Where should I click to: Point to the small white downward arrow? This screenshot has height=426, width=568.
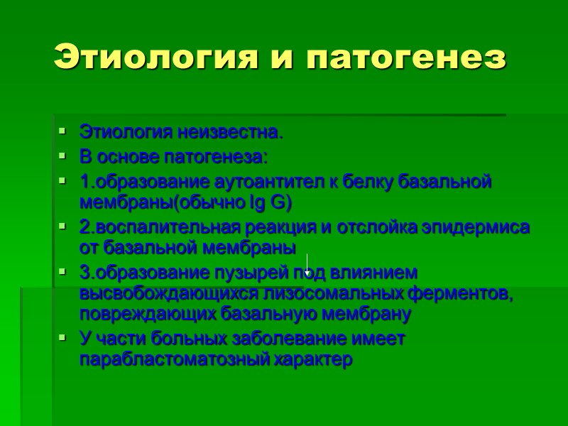[307, 266]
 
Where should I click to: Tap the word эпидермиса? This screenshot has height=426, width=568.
[482, 227]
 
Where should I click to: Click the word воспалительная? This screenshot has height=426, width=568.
[160, 227]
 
